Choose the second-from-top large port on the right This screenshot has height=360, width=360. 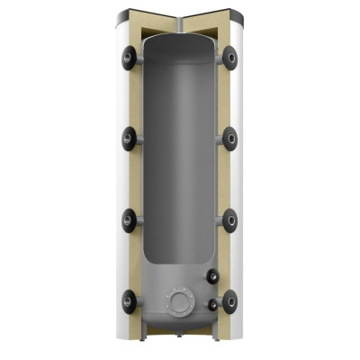[231, 137]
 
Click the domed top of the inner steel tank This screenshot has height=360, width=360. [180, 49]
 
